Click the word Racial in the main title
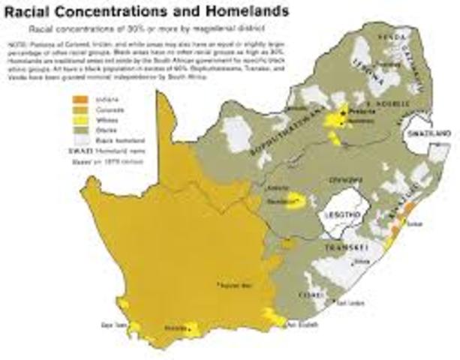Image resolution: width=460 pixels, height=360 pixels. (31, 11)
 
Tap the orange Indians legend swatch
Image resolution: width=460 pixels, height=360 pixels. (78, 98)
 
